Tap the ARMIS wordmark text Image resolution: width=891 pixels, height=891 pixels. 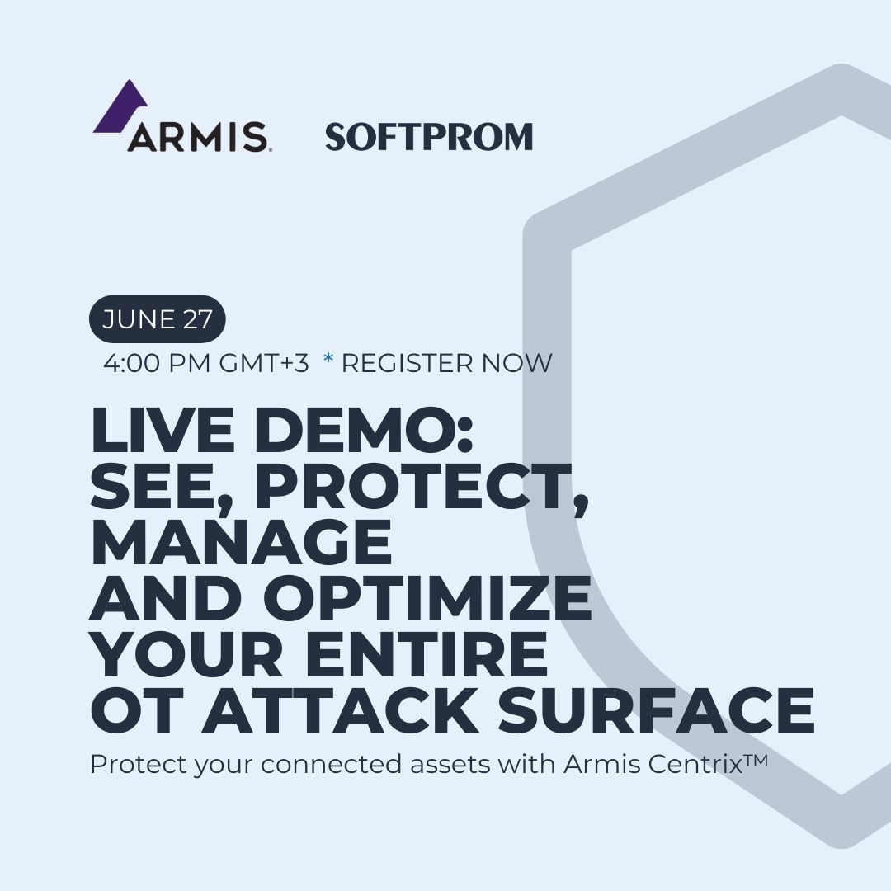(196, 136)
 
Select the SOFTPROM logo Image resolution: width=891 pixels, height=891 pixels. (429, 137)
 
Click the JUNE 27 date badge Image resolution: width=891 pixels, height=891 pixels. (158, 319)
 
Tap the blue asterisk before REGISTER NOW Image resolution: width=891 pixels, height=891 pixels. (328, 361)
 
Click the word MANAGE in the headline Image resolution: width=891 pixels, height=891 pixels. (240, 542)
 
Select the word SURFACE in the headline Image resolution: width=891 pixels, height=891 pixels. (656, 710)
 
